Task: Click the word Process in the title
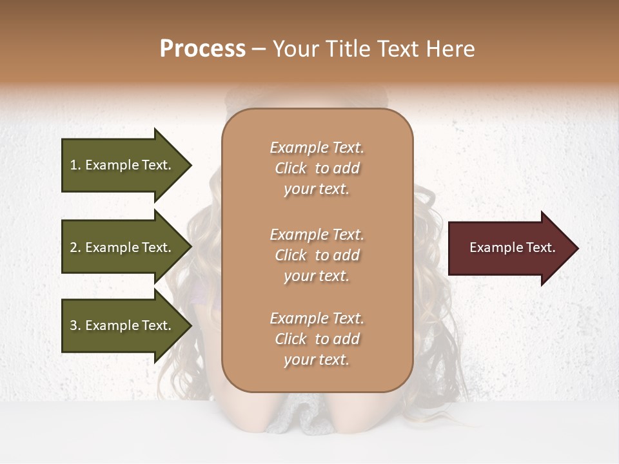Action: pos(202,49)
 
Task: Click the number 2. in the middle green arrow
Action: pos(75,247)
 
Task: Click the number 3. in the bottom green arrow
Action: pos(75,325)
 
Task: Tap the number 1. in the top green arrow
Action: pos(75,166)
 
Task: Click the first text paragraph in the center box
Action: pos(317,168)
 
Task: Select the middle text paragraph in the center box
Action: pos(317,255)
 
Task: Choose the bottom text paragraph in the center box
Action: pos(317,339)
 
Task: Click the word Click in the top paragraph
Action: pos(291,168)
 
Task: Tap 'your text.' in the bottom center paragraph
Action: pos(317,360)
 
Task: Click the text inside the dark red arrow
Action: pos(513,247)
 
